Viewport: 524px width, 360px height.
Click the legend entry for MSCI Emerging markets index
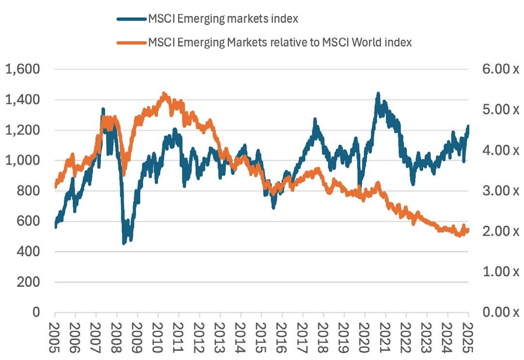click(223, 19)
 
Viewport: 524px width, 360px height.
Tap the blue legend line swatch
click(131, 19)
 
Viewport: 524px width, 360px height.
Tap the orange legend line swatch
click(131, 43)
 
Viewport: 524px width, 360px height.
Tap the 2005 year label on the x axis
click(55, 335)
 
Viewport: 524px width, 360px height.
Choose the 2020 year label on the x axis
click(365, 335)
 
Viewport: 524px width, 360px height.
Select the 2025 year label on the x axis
click(468, 335)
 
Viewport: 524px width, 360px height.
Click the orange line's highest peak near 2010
click(164, 94)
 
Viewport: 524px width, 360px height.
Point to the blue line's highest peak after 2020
click(378, 93)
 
